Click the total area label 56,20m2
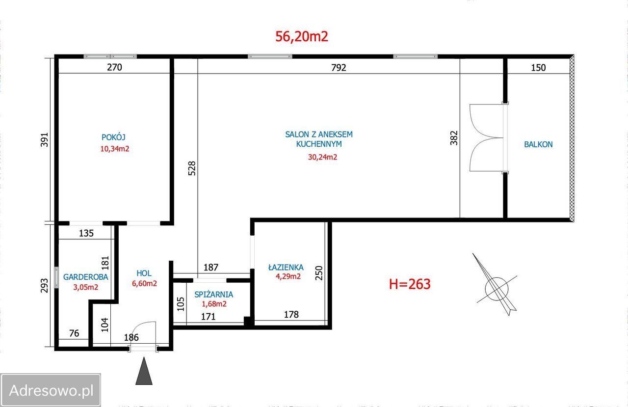(302, 36)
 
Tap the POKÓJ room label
(113, 137)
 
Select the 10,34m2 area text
(115, 149)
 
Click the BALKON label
(538, 144)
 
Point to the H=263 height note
(410, 284)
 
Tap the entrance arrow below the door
(144, 371)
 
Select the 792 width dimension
(339, 68)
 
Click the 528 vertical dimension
(192, 168)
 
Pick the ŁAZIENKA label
(286, 267)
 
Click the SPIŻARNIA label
(213, 294)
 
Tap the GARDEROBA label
(85, 277)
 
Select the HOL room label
(144, 273)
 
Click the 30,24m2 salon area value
(322, 157)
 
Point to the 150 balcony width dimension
(538, 68)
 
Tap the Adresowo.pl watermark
(51, 390)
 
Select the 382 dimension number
(454, 138)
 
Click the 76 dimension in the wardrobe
(74, 333)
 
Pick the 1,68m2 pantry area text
(214, 304)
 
